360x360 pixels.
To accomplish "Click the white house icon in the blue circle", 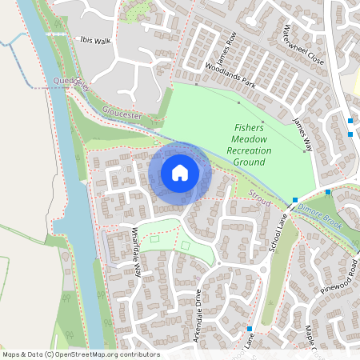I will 180,173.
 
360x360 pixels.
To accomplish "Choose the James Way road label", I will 302,128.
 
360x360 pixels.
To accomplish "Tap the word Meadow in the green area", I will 250,139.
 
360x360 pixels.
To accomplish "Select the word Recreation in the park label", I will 249,150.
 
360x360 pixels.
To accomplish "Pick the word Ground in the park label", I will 249,162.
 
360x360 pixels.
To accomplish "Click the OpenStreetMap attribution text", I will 80,354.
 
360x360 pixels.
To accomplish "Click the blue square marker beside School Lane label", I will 294,200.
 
